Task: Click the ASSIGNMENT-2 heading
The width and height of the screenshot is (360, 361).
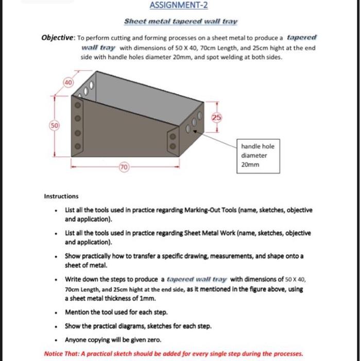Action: (179, 6)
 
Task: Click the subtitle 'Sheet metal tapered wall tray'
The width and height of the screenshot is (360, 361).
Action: (181, 22)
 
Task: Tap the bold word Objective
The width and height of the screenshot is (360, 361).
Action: (58, 38)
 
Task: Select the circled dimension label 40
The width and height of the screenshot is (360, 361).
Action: (68, 83)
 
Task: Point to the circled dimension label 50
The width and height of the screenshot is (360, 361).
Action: (54, 126)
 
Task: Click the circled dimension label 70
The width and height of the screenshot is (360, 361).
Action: (124, 168)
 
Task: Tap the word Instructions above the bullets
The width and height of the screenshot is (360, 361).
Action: (61, 196)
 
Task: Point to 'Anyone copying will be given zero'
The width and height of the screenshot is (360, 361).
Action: (113, 340)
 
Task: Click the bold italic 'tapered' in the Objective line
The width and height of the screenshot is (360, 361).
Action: (302, 38)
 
